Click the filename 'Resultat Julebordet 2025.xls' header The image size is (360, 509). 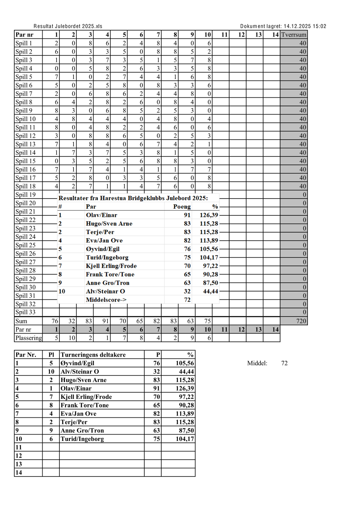[68, 26]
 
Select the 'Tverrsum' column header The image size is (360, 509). [294, 35]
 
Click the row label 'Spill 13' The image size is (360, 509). [25, 144]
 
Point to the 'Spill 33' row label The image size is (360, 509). [25, 312]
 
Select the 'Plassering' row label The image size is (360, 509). [28, 338]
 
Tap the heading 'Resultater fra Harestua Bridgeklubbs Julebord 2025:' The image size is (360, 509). [133, 198]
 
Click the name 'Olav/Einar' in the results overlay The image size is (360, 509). [101, 215]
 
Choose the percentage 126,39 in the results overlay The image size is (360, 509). [209, 215]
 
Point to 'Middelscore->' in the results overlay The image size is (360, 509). [106, 300]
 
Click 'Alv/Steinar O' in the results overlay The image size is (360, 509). [105, 291]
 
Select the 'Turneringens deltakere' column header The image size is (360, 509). [93, 355]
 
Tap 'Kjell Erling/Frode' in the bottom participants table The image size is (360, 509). [86, 397]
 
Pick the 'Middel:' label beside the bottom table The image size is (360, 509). [257, 363]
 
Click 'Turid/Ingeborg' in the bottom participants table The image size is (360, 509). [82, 439]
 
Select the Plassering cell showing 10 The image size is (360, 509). [72, 338]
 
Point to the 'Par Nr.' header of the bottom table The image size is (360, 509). [26, 355]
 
